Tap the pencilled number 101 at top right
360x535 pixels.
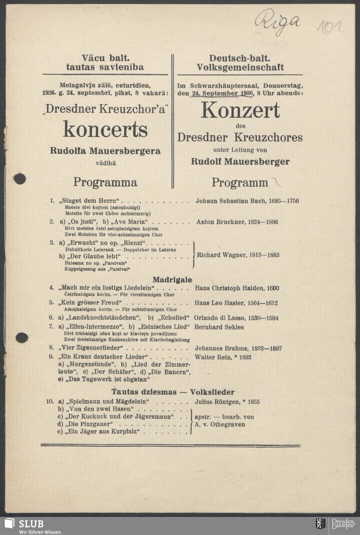coord(329,27)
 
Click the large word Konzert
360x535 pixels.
coord(240,110)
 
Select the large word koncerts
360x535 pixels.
coord(105,129)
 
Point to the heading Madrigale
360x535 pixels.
coord(172,280)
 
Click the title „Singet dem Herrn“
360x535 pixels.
coord(90,201)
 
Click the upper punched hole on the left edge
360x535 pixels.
coord(20,178)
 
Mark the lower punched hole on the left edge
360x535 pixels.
coord(22,337)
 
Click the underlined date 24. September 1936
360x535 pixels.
coord(222,93)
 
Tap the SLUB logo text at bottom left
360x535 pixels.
coord(31,523)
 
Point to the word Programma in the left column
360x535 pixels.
coord(105,182)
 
